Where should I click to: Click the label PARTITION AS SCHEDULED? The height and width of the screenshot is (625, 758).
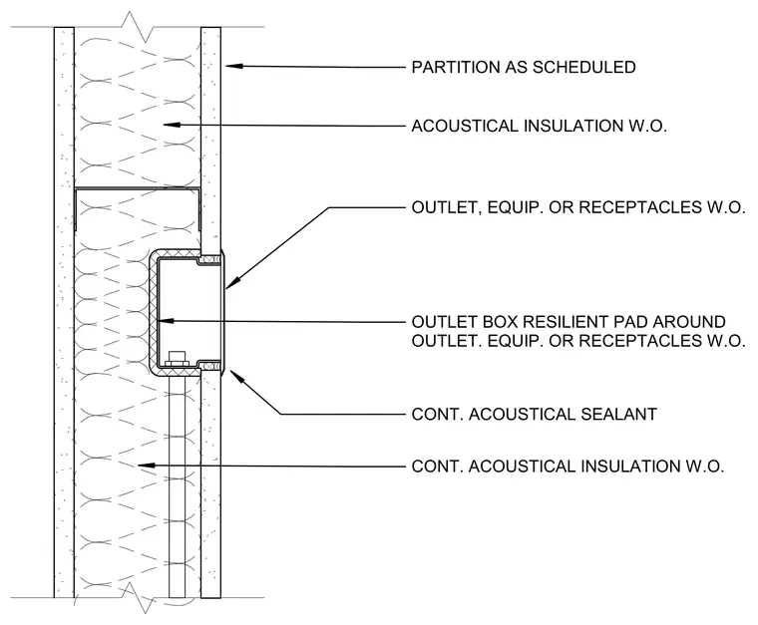[524, 67]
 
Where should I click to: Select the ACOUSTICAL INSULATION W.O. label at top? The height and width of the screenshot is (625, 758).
[539, 126]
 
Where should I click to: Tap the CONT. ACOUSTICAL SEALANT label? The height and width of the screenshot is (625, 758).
[535, 415]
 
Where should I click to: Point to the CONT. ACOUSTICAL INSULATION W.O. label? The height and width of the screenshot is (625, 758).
[568, 467]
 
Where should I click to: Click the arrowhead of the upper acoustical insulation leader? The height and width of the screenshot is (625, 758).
[172, 125]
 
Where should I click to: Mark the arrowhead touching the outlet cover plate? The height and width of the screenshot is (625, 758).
[231, 284]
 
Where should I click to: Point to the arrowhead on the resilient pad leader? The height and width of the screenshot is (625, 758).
[166, 320]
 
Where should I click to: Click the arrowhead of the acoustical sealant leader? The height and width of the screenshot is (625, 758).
[236, 376]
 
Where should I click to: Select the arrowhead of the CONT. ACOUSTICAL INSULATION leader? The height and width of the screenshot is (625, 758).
[147, 466]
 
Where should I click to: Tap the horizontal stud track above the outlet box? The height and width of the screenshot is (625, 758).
[138, 188]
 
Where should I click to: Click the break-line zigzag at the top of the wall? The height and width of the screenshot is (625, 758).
[138, 27]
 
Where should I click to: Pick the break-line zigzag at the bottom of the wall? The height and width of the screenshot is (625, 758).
[138, 597]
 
